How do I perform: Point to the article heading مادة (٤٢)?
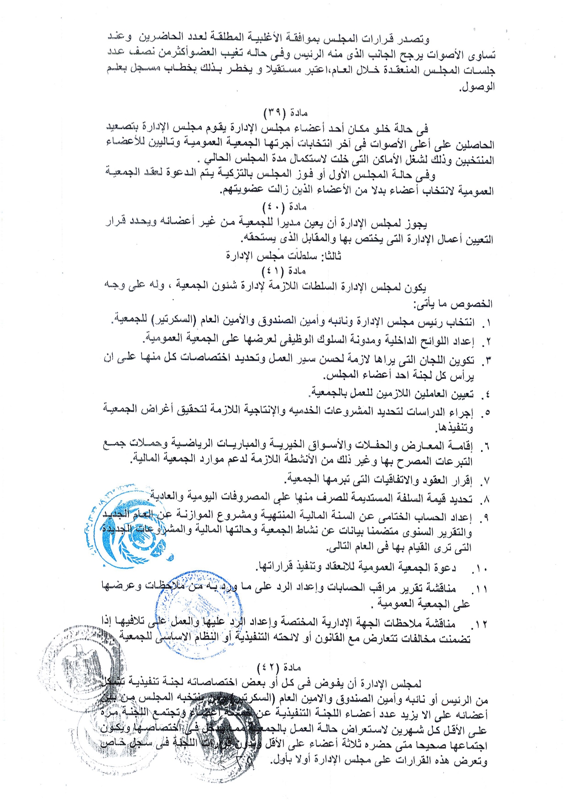tap(279, 668)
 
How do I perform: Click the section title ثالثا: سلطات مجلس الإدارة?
tap(283, 256)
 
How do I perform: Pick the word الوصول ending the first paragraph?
tap(477, 86)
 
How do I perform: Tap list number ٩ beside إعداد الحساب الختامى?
tap(486, 518)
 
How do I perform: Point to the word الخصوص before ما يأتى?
tap(477, 304)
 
